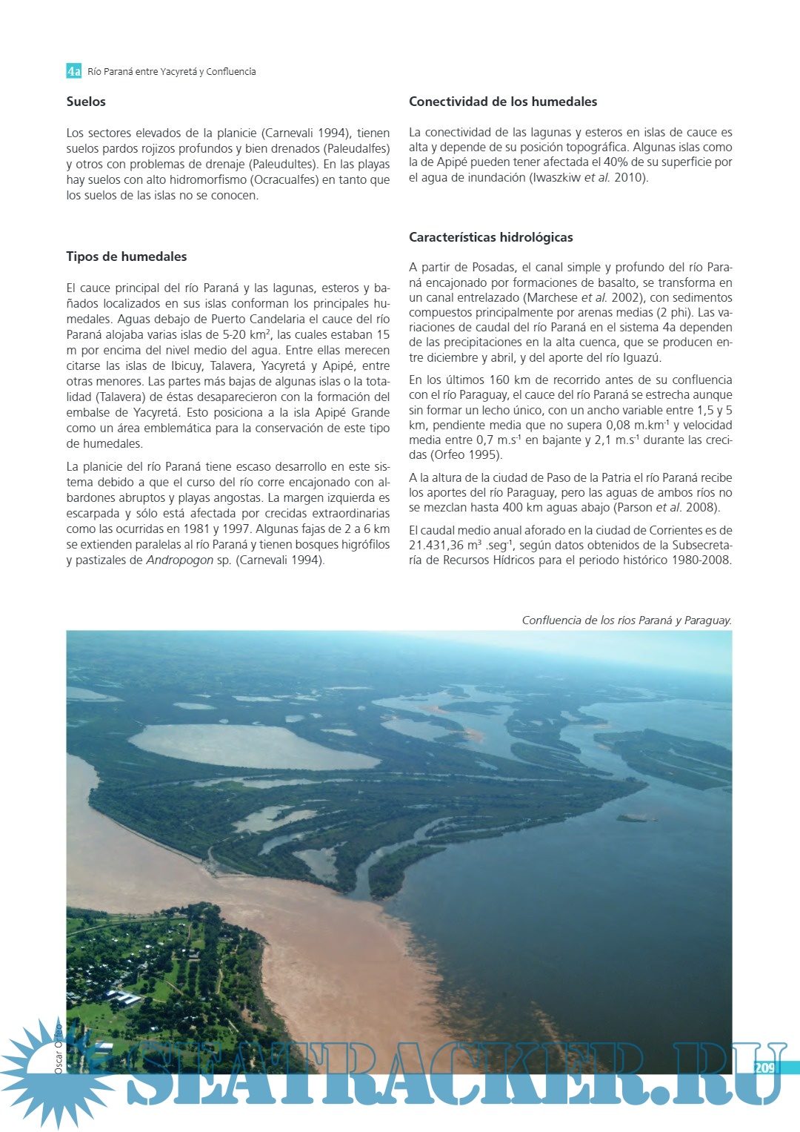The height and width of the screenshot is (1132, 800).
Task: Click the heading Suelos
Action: click(x=86, y=102)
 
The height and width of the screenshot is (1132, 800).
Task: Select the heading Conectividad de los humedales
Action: click(x=503, y=102)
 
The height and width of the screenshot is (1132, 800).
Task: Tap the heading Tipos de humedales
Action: click(x=127, y=256)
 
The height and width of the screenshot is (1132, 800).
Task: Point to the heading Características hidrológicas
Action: click(x=491, y=237)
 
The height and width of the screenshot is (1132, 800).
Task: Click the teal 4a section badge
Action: click(x=73, y=71)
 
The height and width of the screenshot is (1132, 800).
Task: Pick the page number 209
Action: click(x=764, y=1068)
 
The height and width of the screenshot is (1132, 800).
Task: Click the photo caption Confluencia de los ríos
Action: click(x=627, y=620)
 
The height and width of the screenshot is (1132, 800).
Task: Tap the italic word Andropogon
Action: click(x=180, y=560)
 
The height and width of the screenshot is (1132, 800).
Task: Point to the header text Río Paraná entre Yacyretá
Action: click(x=172, y=71)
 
